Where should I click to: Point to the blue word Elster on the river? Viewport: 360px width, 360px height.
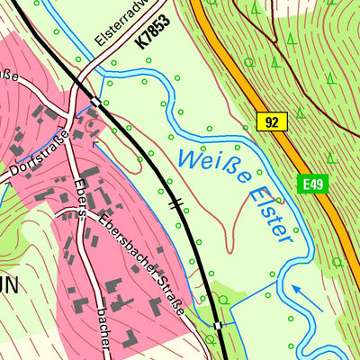268,212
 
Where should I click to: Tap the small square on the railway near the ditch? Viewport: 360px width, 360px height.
217,324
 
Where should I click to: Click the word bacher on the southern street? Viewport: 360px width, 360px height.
102,331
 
